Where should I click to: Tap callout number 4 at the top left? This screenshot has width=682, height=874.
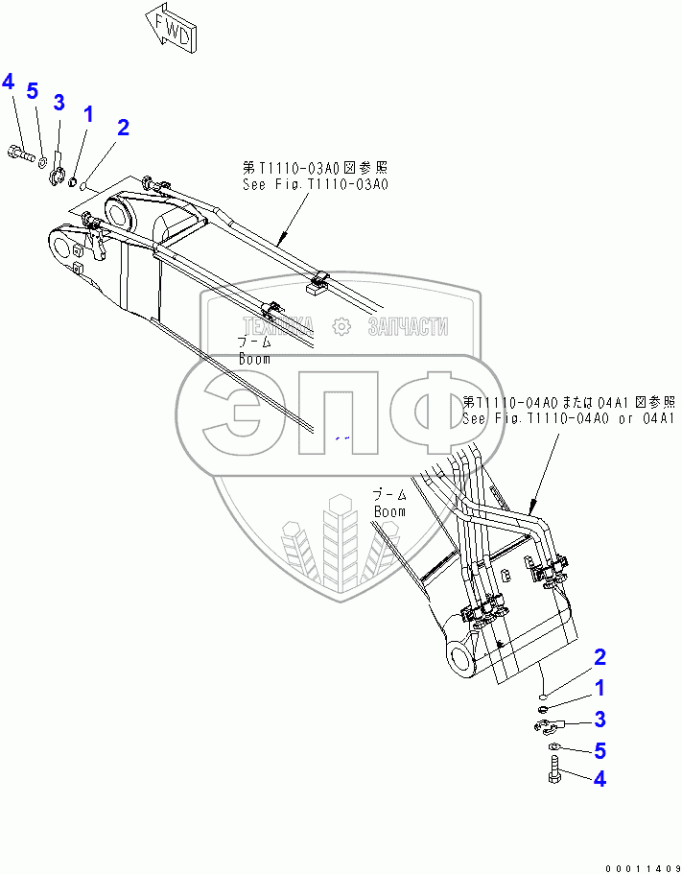click(9, 82)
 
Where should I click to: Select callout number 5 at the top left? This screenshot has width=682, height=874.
click(32, 91)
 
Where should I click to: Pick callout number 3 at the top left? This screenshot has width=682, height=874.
click(59, 102)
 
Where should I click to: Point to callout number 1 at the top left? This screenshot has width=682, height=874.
click(88, 115)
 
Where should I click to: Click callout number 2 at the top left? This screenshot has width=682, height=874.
click(122, 127)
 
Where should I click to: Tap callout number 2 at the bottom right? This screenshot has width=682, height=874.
click(600, 658)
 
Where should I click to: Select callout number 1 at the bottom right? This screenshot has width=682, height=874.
click(600, 688)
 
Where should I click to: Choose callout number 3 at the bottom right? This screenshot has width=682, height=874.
click(600, 719)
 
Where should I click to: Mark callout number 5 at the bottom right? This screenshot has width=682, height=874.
click(600, 749)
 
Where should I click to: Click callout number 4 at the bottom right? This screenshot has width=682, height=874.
click(600, 779)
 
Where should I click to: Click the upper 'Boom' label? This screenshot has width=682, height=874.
click(254, 358)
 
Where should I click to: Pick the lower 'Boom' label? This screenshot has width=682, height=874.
click(389, 511)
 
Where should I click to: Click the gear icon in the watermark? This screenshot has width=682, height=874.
click(339, 327)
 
